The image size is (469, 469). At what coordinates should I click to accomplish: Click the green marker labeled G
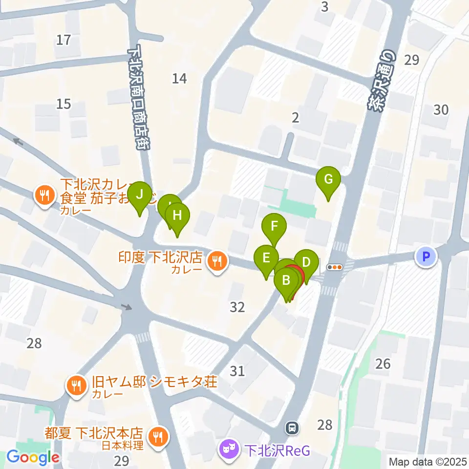tap(329, 180)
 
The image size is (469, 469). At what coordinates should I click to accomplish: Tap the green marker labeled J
tap(140, 195)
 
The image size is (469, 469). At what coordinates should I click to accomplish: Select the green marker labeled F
tap(274, 226)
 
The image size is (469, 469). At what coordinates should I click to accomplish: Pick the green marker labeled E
tap(266, 257)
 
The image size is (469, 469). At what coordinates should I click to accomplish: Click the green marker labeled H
tap(177, 215)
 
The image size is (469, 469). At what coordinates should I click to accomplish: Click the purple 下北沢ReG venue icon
tap(228, 448)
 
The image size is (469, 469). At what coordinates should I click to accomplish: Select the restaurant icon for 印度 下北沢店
tap(216, 260)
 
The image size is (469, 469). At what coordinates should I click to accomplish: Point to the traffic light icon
tap(335, 267)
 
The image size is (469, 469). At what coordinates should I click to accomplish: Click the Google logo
tap(33, 458)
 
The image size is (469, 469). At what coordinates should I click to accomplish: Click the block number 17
tap(64, 40)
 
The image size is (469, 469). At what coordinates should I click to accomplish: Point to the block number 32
tap(237, 307)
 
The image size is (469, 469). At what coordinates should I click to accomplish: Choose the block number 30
tap(441, 110)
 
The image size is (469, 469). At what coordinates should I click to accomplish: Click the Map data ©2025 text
tap(427, 461)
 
